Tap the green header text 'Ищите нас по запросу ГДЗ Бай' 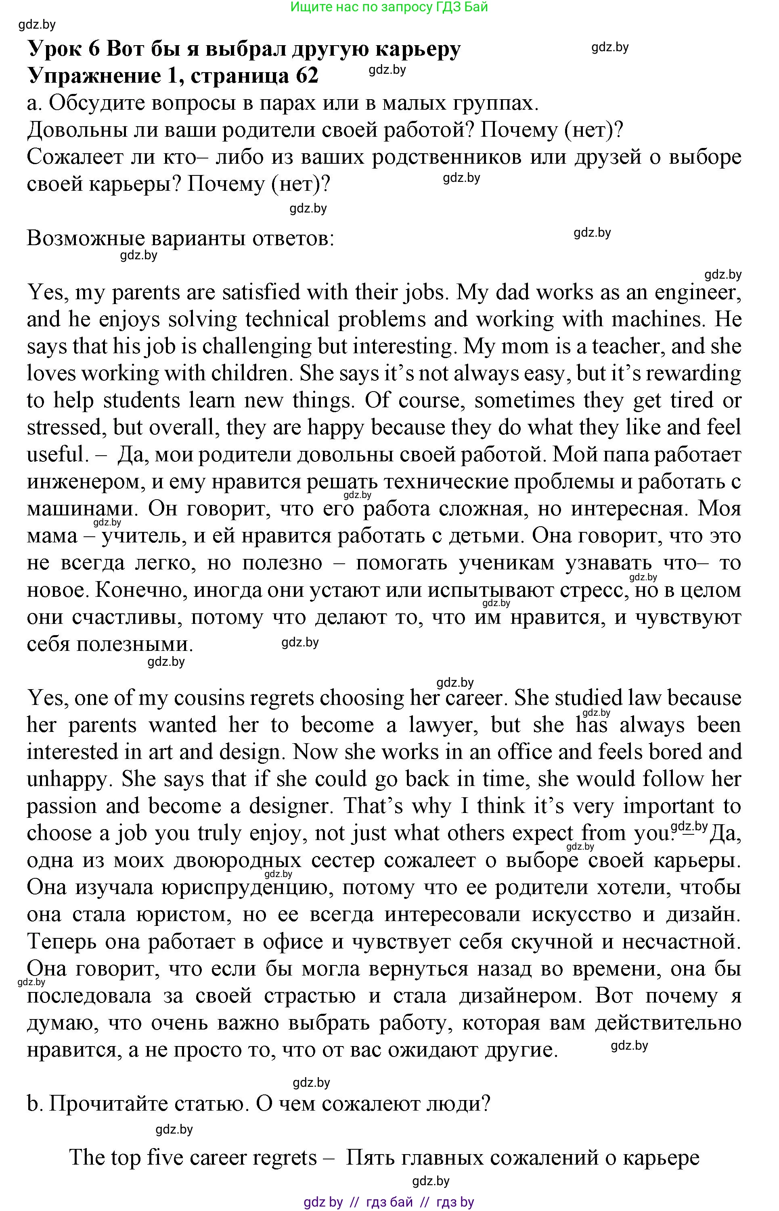tap(389, 7)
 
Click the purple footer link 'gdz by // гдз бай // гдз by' tap(389, 1202)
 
